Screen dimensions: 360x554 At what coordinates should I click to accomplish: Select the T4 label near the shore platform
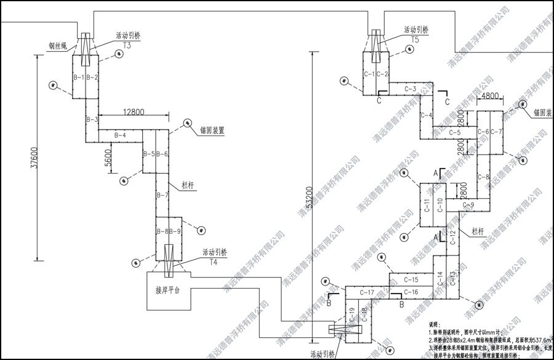214,262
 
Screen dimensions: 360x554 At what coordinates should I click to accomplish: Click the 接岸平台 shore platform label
168,290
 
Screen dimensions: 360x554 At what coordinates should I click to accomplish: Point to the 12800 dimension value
134,112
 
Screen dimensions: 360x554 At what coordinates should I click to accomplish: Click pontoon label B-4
121,135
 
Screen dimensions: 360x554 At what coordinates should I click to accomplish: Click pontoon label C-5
455,132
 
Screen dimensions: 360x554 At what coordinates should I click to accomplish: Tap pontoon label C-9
468,204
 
